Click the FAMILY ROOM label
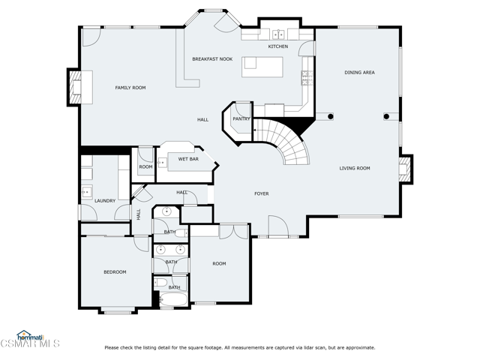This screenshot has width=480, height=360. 130,88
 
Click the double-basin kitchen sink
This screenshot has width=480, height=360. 278,34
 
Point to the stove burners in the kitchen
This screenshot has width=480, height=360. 305,76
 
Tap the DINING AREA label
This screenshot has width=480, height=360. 359,73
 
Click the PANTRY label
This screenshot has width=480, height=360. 241,118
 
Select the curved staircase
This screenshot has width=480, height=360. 289,142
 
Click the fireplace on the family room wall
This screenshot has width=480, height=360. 75,86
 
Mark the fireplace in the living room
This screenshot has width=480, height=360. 405,168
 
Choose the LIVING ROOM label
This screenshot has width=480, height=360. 355,168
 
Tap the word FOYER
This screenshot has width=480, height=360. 261,193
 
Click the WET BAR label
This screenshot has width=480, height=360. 188,159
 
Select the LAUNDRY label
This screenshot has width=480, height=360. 104,200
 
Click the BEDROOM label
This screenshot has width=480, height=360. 115,271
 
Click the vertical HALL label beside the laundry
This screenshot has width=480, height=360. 139,214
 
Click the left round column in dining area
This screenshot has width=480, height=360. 329,116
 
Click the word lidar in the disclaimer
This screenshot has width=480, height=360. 314,347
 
